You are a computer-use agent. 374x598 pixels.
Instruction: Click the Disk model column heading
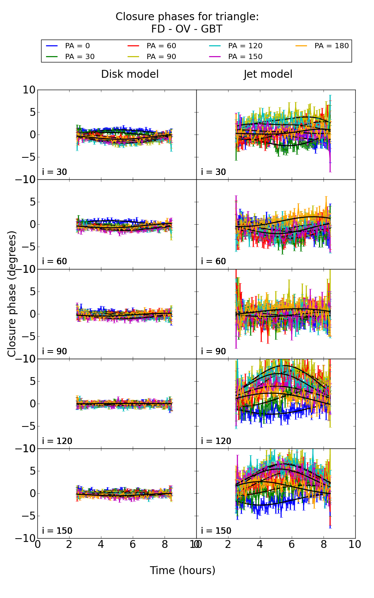(x=130, y=74)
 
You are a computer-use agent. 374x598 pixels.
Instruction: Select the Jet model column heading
(x=268, y=74)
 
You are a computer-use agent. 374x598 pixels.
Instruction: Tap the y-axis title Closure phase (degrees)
(x=12, y=293)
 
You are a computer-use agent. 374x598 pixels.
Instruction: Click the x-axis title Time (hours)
(x=183, y=570)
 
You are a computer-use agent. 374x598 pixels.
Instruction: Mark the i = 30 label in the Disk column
(x=55, y=172)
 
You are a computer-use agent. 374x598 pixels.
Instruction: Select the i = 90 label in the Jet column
(x=214, y=351)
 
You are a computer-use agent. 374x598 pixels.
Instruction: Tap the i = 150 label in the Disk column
(x=57, y=531)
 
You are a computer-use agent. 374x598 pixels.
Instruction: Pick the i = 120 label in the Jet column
(x=216, y=441)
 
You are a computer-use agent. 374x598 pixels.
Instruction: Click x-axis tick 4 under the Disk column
(x=101, y=544)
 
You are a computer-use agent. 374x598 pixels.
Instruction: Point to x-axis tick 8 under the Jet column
(x=323, y=544)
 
